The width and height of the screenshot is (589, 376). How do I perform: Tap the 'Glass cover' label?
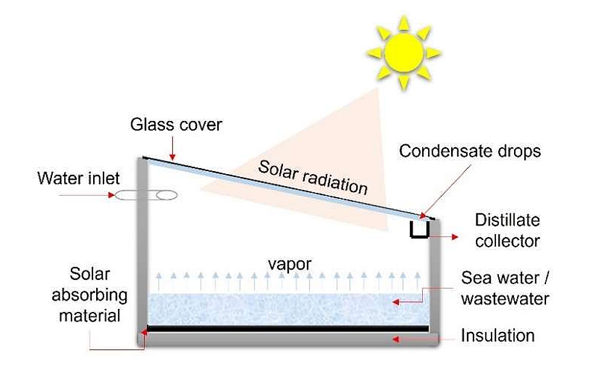177,126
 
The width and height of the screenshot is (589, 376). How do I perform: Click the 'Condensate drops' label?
469,151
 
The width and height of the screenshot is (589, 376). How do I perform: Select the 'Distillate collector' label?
507,230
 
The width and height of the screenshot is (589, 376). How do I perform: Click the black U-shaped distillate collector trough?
420,230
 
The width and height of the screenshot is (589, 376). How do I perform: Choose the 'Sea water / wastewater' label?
505,288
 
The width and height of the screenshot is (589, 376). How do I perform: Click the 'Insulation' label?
498,335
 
